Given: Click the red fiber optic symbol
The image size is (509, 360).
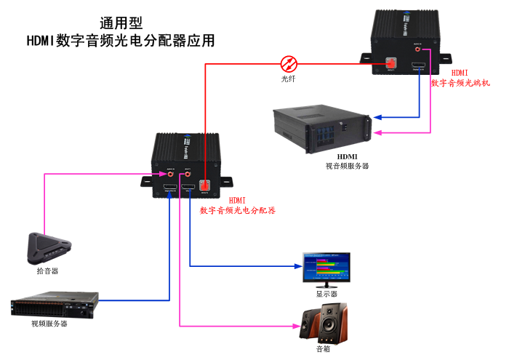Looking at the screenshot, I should pyautogui.click(x=289, y=63).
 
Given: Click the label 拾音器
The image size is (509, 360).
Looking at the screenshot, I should pyautogui.click(x=47, y=271).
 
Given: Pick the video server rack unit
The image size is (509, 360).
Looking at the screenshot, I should pyautogui.click(x=55, y=304).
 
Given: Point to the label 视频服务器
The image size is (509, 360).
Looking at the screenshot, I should pyautogui.click(x=49, y=324).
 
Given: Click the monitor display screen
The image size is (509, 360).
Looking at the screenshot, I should pyautogui.click(x=326, y=267).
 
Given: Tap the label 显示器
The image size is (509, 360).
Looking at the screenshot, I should pyautogui.click(x=326, y=294).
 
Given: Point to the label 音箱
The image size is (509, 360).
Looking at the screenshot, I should pyautogui.click(x=323, y=349).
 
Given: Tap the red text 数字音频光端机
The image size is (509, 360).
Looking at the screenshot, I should pyautogui.click(x=460, y=83).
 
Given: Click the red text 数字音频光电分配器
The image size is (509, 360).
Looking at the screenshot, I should pyautogui.click(x=238, y=210).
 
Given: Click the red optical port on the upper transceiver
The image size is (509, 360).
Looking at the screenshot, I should pyautogui.click(x=391, y=63).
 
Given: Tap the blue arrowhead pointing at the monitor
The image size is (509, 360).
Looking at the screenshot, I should pyautogui.click(x=299, y=265).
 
